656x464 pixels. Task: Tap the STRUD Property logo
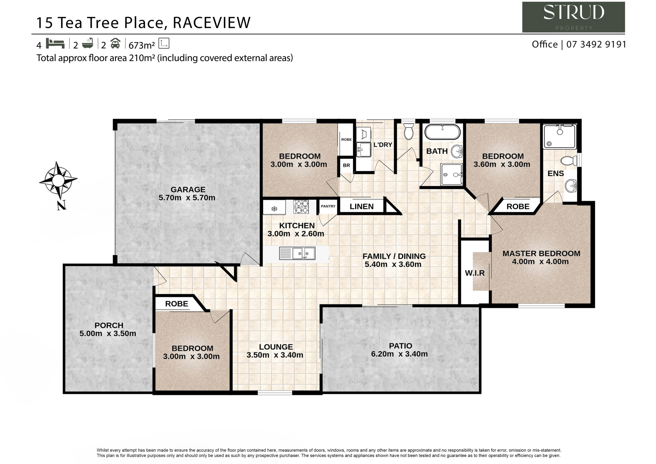pos(573,17)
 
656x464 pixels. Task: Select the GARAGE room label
pos(188,189)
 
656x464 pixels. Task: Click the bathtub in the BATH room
pos(442,132)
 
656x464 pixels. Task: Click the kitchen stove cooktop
pos(301,207)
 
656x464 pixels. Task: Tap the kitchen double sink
pos(297,253)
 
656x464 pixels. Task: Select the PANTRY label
pos(328,206)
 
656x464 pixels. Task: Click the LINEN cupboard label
pos(361,206)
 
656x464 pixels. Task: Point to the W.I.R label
pos(475,273)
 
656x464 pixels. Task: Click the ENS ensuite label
pos(556,174)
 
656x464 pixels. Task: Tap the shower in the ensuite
pos(560,136)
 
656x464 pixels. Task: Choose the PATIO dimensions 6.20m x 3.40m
pos(399,354)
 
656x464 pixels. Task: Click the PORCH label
pos(109,325)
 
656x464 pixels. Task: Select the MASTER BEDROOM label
pos(541,254)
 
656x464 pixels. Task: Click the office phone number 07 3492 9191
pos(596,44)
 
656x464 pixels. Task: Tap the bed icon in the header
pos(55,44)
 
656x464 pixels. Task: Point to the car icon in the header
pos(115,43)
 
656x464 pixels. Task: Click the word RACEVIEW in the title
pos(212,23)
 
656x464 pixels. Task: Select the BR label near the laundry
pos(346,165)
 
